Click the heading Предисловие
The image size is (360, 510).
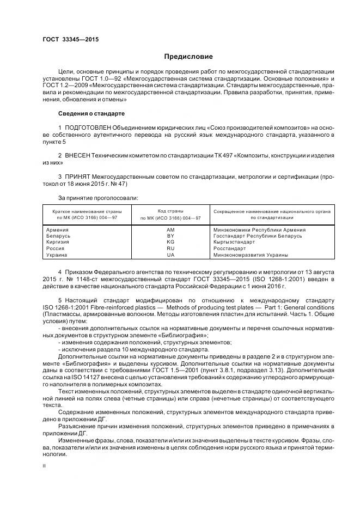click(189, 57)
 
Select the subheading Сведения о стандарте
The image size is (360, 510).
click(91, 113)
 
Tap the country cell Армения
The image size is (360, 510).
click(57, 230)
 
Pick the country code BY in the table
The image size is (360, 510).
click(170, 236)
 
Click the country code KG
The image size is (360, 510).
click(170, 242)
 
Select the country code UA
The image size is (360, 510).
click(170, 254)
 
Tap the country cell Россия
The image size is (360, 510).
click(56, 248)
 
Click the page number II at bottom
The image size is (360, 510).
click(45, 466)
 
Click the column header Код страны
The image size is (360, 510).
click(170, 210)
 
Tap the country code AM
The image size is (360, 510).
click(170, 230)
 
